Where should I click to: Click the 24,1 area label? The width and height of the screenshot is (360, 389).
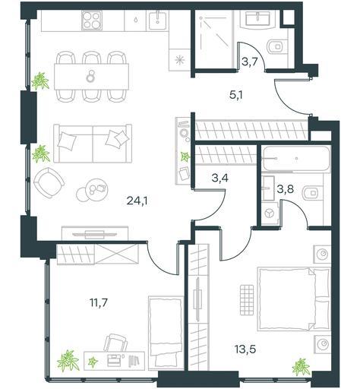pyautogui.click(x=137, y=201)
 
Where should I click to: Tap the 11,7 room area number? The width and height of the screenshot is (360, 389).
pyautogui.click(x=99, y=302)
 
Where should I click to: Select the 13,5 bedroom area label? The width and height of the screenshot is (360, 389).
pyautogui.click(x=245, y=349)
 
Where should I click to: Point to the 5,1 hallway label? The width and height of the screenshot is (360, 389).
pyautogui.click(x=235, y=96)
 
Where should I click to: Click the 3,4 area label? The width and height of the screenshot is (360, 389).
pyautogui.click(x=219, y=178)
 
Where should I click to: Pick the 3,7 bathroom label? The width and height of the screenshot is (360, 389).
pyautogui.click(x=250, y=62)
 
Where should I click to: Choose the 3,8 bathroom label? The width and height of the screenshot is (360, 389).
pyautogui.click(x=286, y=188)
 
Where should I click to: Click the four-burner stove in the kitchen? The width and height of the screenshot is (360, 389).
pyautogui.click(x=92, y=21)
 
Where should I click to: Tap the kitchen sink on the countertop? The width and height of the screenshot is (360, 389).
pyautogui.click(x=157, y=20)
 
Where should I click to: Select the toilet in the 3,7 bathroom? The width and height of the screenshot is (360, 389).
pyautogui.click(x=277, y=47)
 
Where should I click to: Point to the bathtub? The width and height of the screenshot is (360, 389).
pyautogui.click(x=296, y=159)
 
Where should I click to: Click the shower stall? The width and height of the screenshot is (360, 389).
pyautogui.click(x=214, y=39)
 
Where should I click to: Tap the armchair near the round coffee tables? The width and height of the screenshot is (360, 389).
pyautogui.click(x=49, y=182)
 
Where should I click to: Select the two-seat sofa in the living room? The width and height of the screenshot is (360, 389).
pyautogui.click(x=93, y=144)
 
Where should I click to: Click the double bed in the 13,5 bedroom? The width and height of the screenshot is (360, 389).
pyautogui.click(x=294, y=299)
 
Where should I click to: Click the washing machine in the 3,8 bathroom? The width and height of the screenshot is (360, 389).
pyautogui.click(x=270, y=213)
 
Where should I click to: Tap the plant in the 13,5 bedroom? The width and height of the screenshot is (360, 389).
pyautogui.click(x=301, y=366)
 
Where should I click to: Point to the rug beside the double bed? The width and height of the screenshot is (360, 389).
pyautogui.click(x=247, y=300)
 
